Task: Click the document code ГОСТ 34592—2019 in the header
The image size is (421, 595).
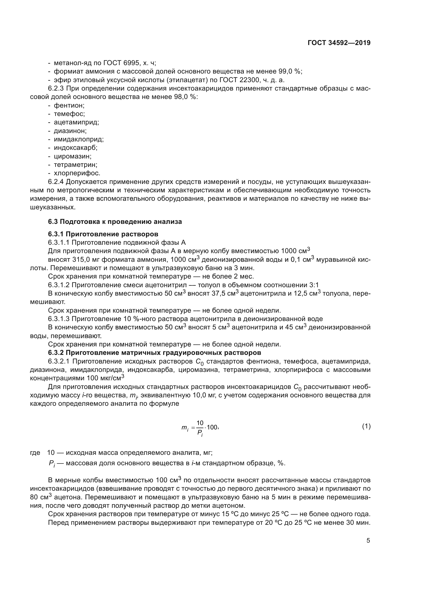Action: (x=339, y=43)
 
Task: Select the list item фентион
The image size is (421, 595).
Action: (x=69, y=106)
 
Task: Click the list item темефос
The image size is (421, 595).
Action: (x=69, y=114)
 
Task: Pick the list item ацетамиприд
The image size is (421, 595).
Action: (x=76, y=122)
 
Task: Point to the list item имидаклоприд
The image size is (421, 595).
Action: (x=79, y=139)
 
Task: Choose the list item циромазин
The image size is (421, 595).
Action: (x=73, y=156)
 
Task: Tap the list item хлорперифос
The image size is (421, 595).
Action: (x=77, y=173)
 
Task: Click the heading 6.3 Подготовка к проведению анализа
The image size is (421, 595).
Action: (x=115, y=222)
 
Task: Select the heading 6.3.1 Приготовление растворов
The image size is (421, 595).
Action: (x=103, y=234)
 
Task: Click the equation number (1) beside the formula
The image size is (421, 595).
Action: (x=366, y=426)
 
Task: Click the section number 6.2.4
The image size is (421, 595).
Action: (x=56, y=182)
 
